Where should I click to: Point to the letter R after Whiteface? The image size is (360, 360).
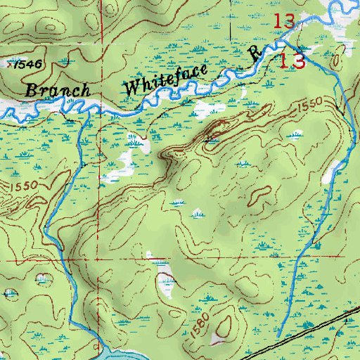[x=256, y=51]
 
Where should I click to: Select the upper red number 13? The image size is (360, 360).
[x=283, y=22]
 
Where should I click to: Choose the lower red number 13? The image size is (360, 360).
[x=290, y=60]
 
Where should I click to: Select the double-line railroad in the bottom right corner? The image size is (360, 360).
[x=302, y=336]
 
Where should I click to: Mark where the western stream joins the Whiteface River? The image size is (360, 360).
[x=86, y=114]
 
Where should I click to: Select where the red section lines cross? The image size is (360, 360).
[x=99, y=261]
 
